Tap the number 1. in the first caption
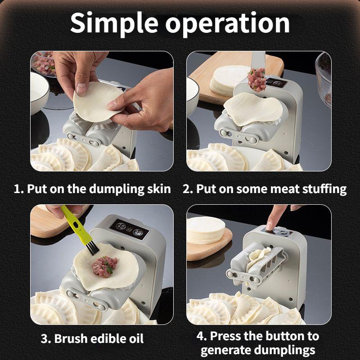coord(18,189)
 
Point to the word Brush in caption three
coord(72,338)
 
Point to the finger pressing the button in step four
coord(271,220)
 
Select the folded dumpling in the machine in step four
coord(255,259)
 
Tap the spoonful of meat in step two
coord(258,79)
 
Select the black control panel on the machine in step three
coord(130,229)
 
